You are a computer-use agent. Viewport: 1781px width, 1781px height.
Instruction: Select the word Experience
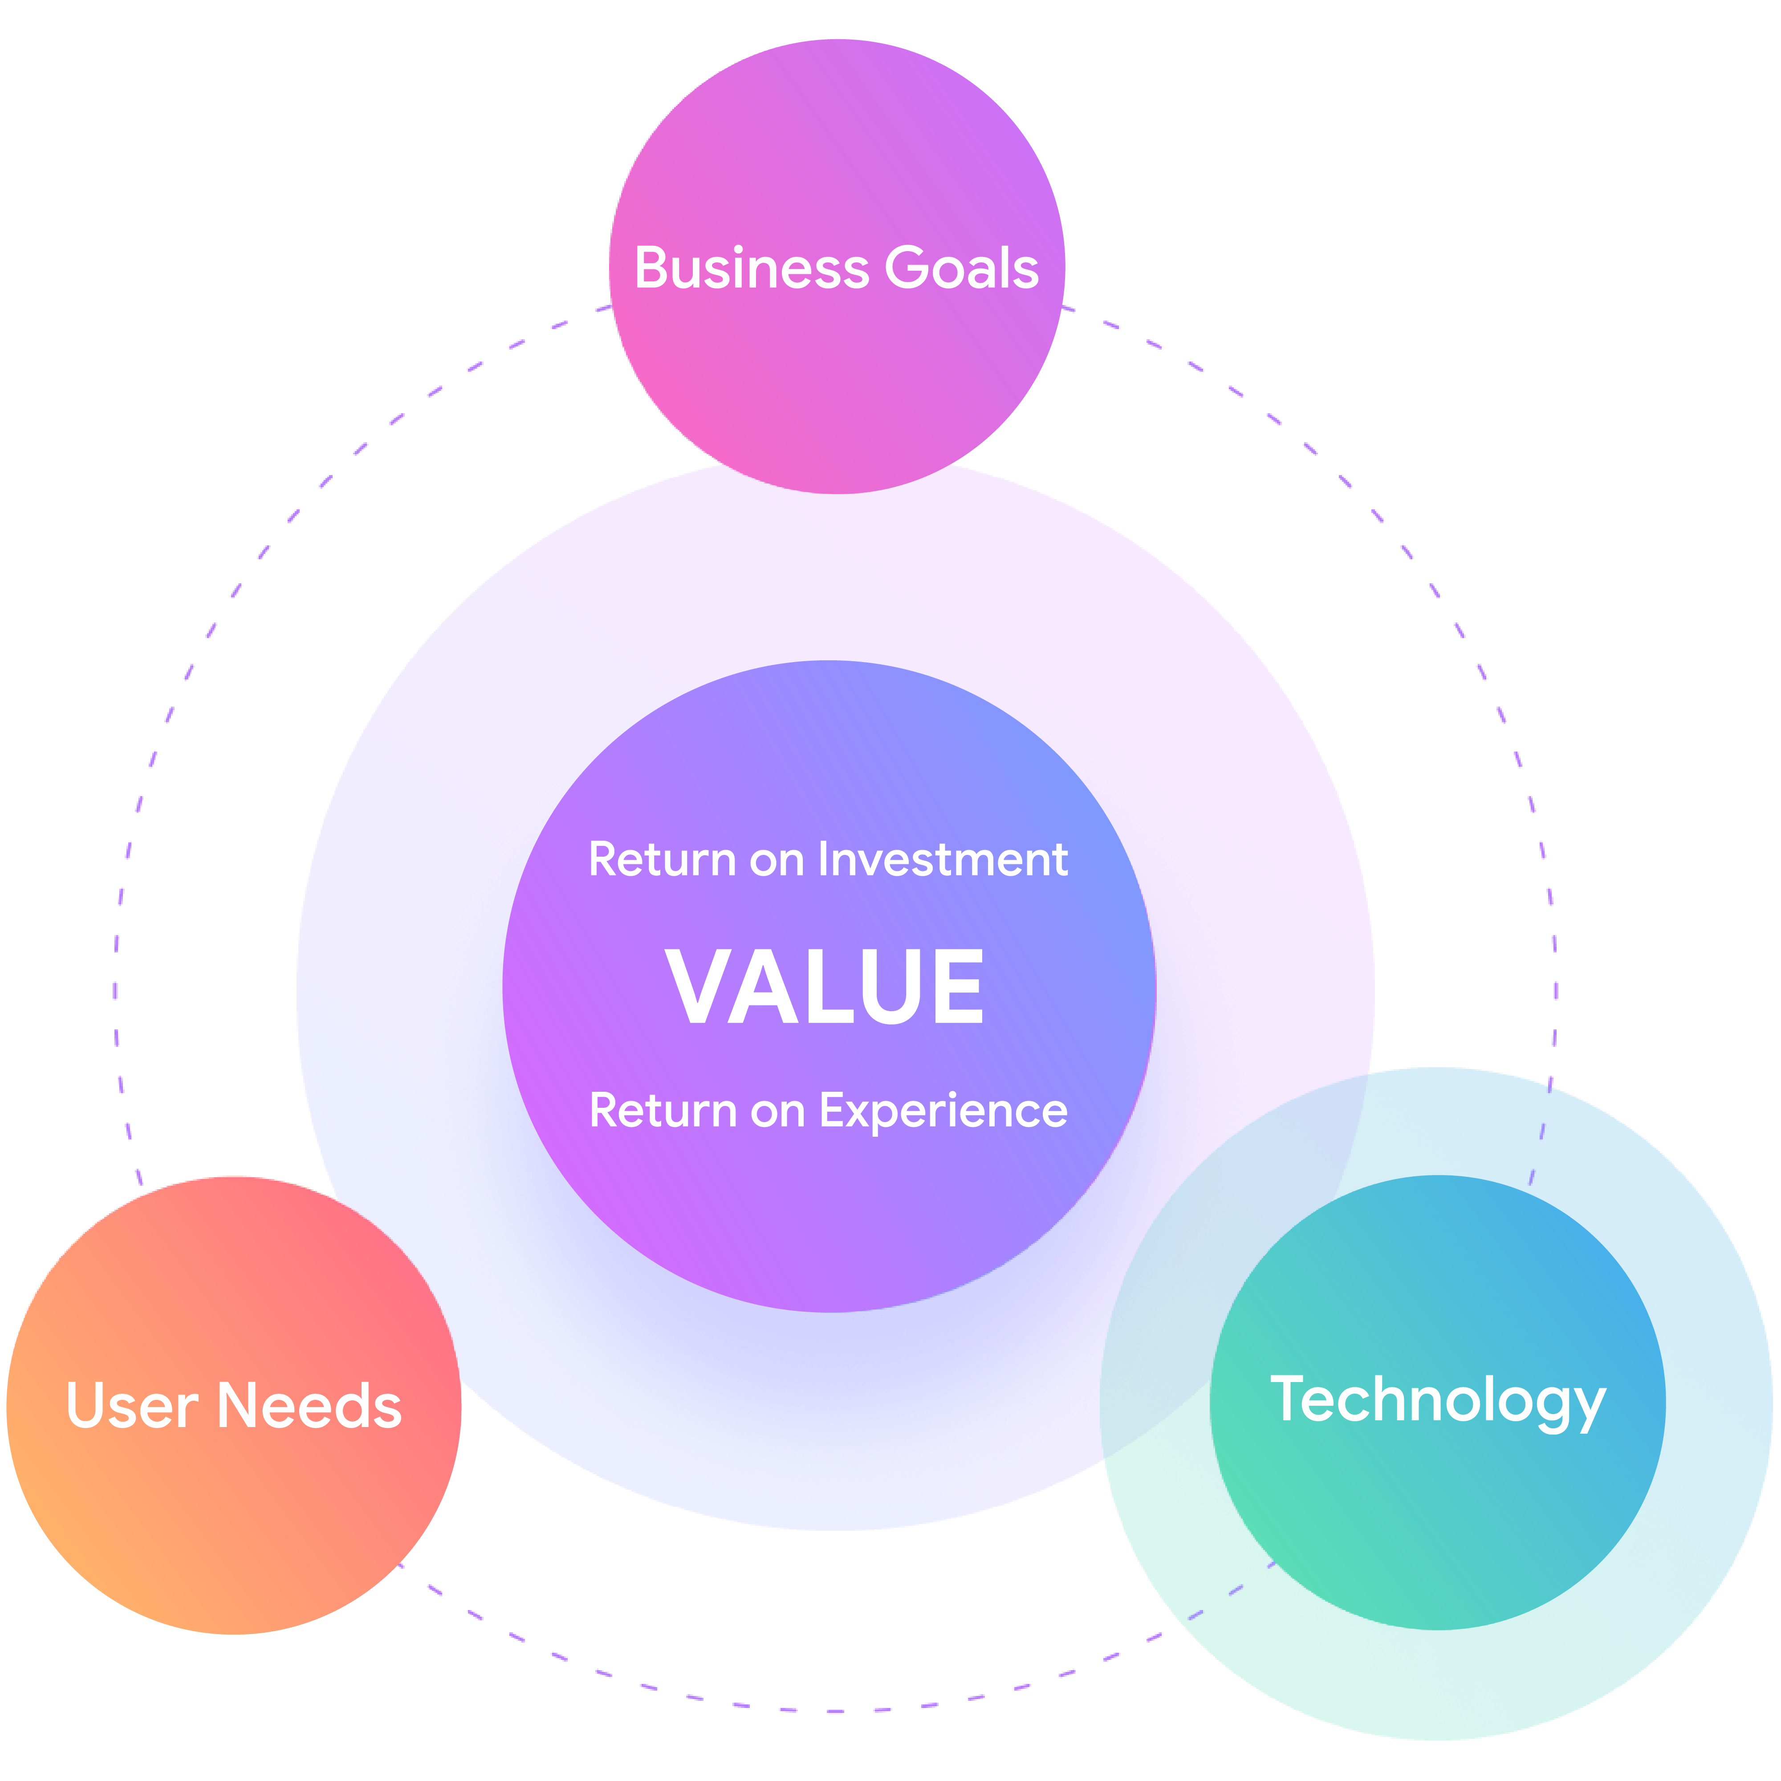pyautogui.click(x=943, y=1111)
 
